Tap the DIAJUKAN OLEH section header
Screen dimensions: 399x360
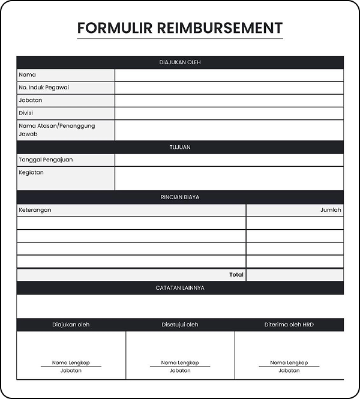pos(180,62)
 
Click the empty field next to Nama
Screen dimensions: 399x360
pos(229,75)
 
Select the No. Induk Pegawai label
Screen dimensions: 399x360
pos(44,88)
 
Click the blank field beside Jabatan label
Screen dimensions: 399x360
pos(229,100)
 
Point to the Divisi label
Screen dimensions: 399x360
pos(26,113)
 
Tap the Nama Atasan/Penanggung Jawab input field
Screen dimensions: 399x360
pos(229,130)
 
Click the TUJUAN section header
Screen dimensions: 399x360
pos(180,147)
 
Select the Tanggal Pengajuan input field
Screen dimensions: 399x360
pos(229,160)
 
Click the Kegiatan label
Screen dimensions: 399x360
pos(31,173)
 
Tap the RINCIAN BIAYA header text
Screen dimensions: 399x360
pos(180,197)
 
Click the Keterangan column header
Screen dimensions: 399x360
pos(35,210)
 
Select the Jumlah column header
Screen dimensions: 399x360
pos(331,210)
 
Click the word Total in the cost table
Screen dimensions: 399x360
pos(236,275)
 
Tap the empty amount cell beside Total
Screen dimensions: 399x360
pos(295,275)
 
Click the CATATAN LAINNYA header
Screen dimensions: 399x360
pos(180,288)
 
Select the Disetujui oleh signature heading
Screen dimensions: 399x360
pos(180,325)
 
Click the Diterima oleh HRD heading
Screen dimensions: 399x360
pos(289,325)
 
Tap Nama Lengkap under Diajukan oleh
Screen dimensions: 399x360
pos(71,363)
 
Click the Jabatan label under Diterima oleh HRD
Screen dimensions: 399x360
pos(289,371)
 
